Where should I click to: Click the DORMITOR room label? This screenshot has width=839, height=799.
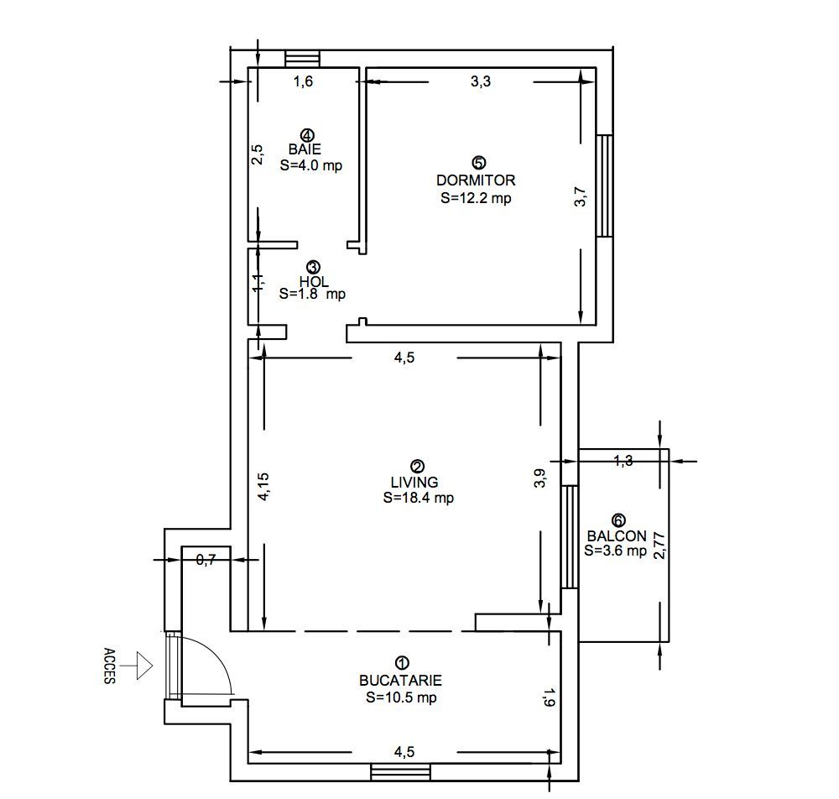click(476, 180)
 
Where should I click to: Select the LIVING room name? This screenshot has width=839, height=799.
click(414, 482)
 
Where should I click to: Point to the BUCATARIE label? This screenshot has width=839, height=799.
click(400, 681)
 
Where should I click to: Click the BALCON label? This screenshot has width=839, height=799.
click(617, 536)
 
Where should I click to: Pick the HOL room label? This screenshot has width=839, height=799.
click(314, 282)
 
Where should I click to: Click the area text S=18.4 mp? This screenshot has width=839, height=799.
click(418, 498)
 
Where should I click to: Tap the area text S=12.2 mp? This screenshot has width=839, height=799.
click(476, 198)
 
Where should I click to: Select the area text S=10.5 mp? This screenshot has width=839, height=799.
click(401, 697)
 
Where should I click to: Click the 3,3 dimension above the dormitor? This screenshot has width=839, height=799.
click(480, 81)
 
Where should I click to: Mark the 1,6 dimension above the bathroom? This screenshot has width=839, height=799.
click(303, 81)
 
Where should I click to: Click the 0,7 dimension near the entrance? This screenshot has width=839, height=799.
click(206, 560)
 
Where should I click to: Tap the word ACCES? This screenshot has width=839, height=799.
click(109, 666)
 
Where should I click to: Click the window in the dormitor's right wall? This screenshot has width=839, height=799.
click(604, 185)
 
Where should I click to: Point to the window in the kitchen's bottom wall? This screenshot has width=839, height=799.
click(400, 771)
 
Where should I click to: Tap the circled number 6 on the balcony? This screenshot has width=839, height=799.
click(619, 520)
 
